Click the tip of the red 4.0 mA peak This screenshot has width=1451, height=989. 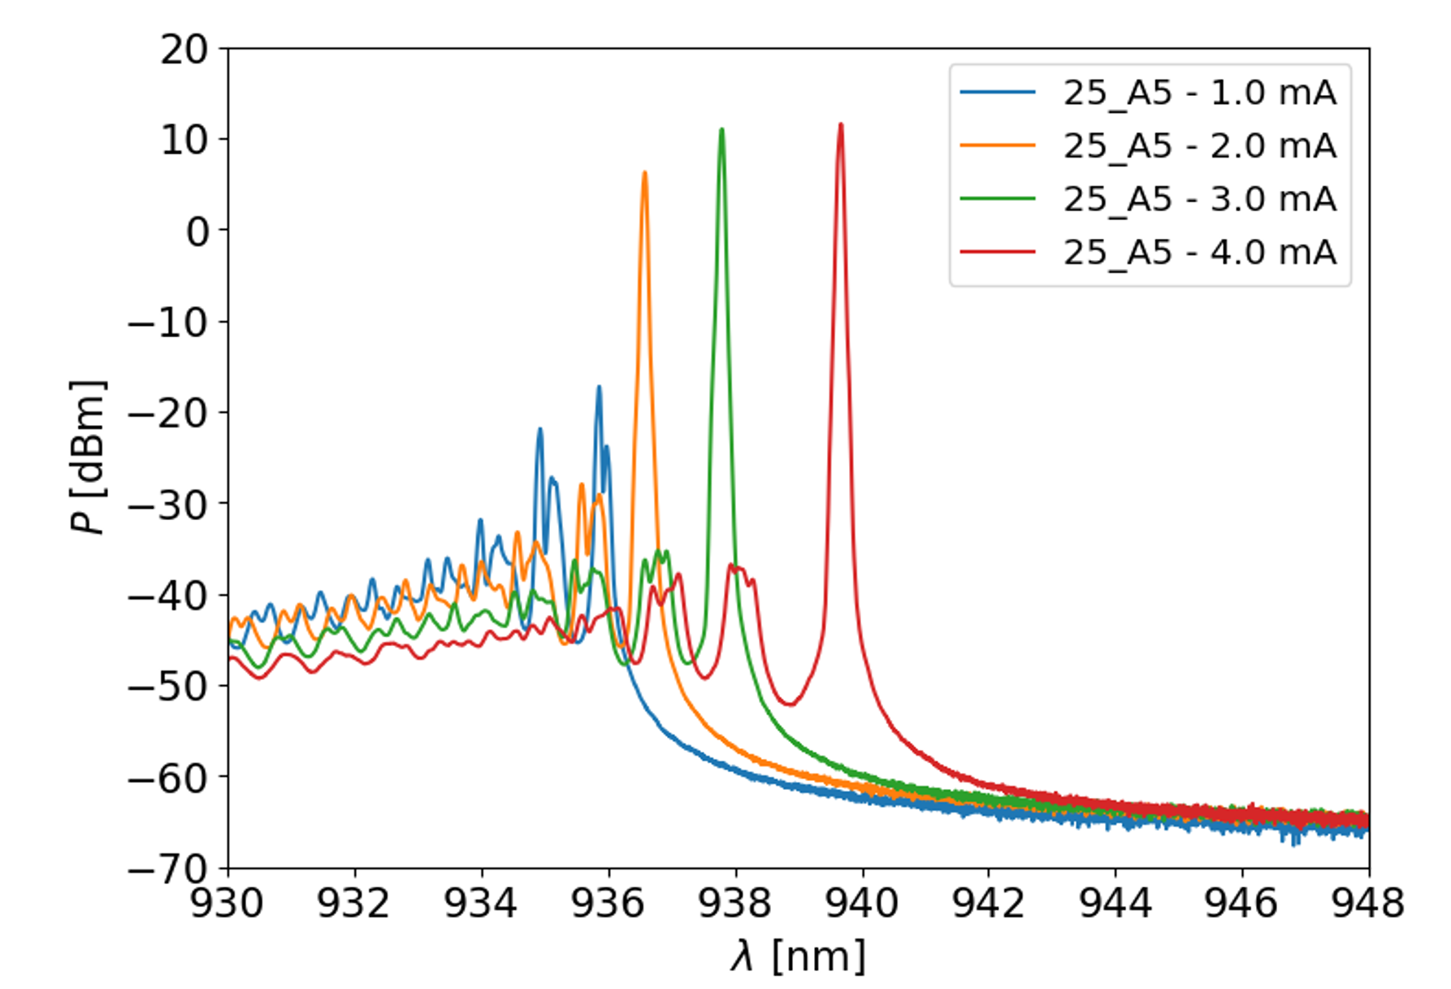(841, 125)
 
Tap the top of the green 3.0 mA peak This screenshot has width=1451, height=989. (721, 130)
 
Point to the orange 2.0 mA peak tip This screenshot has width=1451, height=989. (645, 173)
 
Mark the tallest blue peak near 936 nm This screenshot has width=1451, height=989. (599, 388)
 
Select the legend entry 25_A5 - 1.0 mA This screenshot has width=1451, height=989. (1199, 93)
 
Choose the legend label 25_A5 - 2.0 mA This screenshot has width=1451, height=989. (1199, 146)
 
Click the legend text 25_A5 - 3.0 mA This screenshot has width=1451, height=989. (1199, 199)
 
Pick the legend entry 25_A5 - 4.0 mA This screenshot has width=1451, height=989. (1199, 252)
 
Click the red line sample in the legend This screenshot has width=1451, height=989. (998, 252)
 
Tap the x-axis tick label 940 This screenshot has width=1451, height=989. (862, 903)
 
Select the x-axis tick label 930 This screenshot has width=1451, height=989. (227, 903)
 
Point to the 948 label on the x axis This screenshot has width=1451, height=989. (1368, 903)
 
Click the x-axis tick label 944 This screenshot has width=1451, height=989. (1115, 903)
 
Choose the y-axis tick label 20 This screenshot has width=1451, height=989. (184, 50)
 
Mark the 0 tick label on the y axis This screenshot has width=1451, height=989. (197, 232)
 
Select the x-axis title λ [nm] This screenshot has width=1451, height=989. (799, 956)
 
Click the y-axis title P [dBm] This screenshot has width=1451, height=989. (88, 458)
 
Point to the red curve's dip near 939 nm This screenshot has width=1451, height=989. (789, 704)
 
